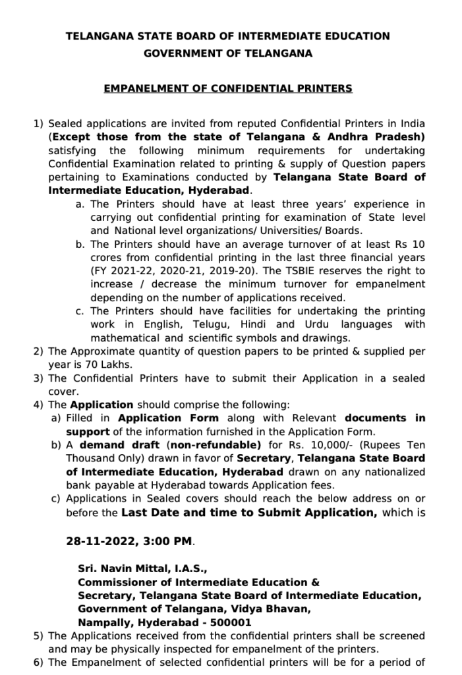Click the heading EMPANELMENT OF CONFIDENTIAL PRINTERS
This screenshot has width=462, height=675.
(x=228, y=88)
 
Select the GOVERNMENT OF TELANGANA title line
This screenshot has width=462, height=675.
(x=228, y=53)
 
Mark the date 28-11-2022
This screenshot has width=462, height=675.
(x=98, y=541)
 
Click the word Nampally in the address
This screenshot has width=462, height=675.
(x=100, y=622)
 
